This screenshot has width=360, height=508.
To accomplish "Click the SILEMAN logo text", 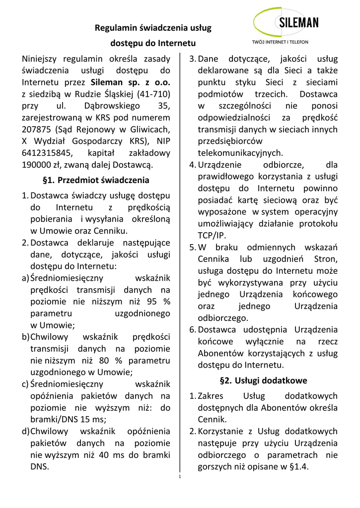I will coord(298,23).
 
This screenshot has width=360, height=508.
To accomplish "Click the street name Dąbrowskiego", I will coord(120,106).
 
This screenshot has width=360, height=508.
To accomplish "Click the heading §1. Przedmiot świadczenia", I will coord(96,180).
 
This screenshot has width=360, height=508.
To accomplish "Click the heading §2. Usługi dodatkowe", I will coord(263,381).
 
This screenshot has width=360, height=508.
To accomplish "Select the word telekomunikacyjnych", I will coord(240,153).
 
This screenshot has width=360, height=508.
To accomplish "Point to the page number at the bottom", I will coord(180,477).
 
